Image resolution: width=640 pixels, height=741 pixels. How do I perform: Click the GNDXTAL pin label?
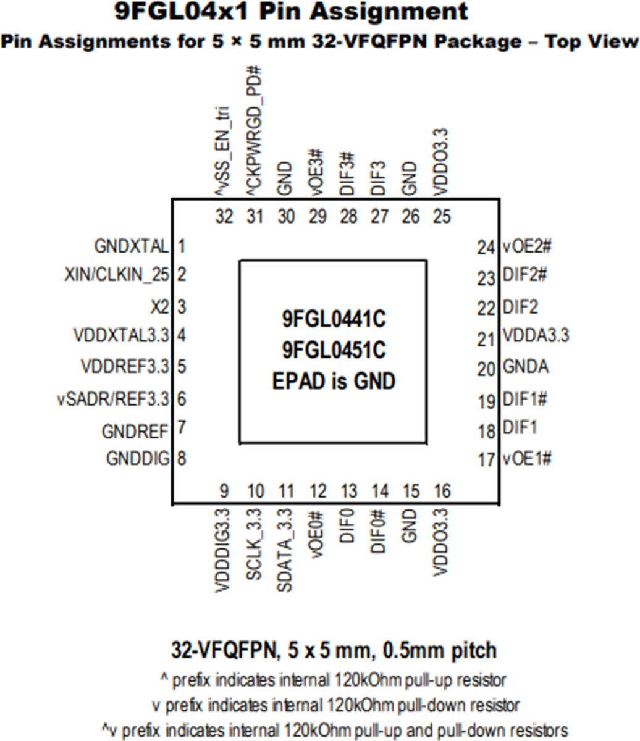tap(131, 246)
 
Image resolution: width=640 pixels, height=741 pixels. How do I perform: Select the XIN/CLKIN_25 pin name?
tap(116, 275)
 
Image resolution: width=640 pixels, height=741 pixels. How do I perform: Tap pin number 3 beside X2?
tap(182, 307)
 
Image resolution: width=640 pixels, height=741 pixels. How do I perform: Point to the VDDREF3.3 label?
tap(124, 367)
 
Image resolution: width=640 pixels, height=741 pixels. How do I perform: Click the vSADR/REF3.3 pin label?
tap(112, 399)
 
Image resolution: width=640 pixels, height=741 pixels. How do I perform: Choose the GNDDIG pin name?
tap(138, 459)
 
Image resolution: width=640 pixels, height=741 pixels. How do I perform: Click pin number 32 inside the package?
tap(224, 217)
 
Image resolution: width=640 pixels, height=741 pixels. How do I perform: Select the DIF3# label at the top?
tap(348, 174)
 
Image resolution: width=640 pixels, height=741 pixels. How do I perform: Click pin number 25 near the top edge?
tap(442, 217)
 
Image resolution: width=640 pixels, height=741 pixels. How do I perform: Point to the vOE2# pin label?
tap(527, 246)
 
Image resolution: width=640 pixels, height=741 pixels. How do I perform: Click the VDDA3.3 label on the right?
tap(536, 337)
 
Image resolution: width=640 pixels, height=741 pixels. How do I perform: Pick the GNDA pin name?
tap(526, 367)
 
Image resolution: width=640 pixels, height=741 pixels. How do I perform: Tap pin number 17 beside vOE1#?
tap(487, 460)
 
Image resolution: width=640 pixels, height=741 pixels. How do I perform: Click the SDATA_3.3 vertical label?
tap(285, 550)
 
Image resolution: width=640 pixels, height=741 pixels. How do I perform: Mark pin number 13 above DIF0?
tap(349, 492)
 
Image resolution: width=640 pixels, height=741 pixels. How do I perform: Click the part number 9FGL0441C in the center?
tap(334, 320)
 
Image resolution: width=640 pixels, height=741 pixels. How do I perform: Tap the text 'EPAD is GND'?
tap(334, 380)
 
